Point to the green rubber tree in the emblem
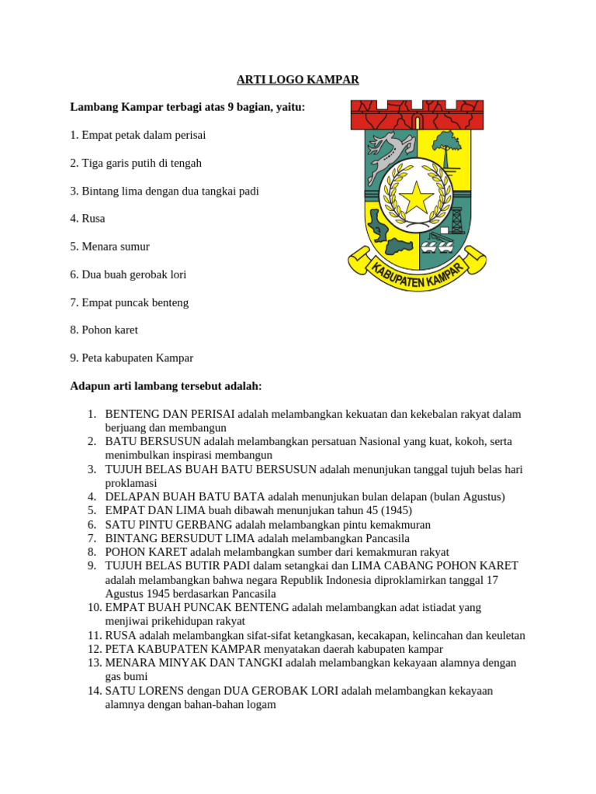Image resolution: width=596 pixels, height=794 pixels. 448,147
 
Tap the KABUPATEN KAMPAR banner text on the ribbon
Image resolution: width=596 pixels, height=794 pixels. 417,273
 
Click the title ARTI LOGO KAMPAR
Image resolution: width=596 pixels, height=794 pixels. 297,80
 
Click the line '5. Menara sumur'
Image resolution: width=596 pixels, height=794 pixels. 109,247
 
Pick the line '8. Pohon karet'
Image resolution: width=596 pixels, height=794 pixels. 104,330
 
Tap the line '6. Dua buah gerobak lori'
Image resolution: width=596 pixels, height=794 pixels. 128,274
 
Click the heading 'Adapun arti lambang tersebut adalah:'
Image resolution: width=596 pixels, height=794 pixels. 166,385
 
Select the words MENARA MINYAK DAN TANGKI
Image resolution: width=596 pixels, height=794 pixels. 194,663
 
